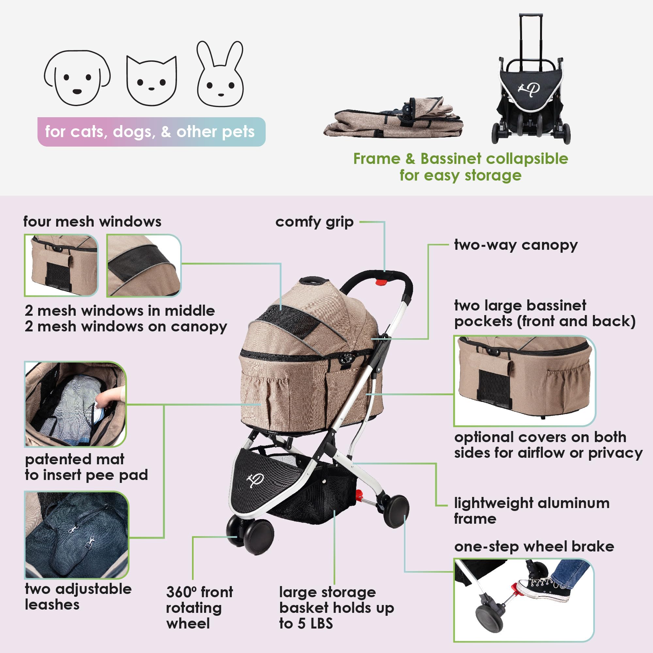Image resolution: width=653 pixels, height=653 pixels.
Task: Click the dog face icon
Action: (77, 78)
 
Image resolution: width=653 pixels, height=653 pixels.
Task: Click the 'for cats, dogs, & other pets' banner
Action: (151, 132)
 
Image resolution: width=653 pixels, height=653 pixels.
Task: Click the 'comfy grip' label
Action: (314, 222)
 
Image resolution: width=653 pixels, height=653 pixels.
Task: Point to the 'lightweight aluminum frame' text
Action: (531, 510)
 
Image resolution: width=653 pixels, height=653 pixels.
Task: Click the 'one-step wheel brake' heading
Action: (534, 547)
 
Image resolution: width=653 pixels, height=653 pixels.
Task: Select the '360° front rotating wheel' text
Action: (199, 608)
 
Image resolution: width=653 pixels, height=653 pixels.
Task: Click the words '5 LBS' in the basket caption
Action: (315, 624)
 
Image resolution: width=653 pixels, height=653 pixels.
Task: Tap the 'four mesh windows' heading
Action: (92, 222)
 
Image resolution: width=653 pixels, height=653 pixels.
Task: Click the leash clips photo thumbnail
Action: (77, 535)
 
